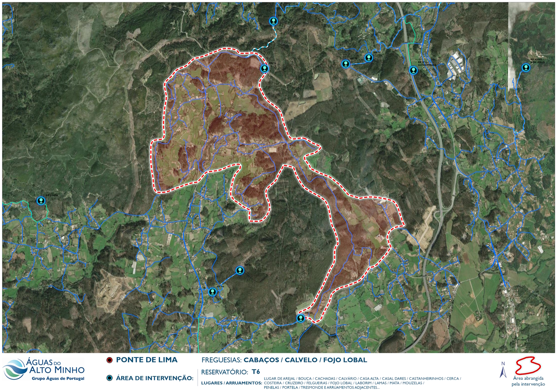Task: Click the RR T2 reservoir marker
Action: point(273,21)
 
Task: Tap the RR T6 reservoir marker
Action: point(264,69)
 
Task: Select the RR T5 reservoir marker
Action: point(346,64)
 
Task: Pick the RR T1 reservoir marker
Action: point(368,58)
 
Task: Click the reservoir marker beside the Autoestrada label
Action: point(413,70)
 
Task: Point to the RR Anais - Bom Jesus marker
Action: point(525,68)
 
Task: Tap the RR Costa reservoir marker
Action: point(41,201)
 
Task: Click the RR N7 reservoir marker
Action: point(240,271)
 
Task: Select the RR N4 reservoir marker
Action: point(212,292)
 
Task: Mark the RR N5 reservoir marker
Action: point(300,318)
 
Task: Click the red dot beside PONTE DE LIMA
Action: point(110,360)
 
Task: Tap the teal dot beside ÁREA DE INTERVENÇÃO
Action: point(110,378)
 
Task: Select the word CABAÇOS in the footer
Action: point(261,360)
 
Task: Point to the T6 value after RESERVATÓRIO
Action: point(255,372)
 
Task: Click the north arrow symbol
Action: point(503,371)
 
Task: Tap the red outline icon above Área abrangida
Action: point(528,366)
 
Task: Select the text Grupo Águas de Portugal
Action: point(58,379)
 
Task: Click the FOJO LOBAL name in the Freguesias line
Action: point(345,360)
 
